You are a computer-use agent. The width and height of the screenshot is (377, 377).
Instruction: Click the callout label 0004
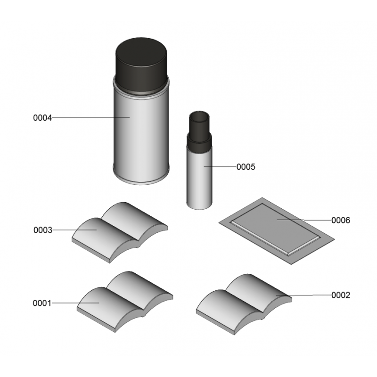pos(42,118)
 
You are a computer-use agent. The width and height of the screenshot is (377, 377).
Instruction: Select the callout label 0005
pos(246,167)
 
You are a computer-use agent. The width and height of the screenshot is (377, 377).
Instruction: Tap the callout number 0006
pos(341,220)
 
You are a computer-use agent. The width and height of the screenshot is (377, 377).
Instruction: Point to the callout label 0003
pos(43,230)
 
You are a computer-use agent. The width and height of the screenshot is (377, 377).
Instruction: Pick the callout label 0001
pos(42,303)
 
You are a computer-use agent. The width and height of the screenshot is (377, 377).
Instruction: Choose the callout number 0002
pos(341,295)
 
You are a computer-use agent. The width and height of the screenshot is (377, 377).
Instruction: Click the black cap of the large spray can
pos(141,65)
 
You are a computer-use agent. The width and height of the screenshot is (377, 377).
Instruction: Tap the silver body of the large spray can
pos(141,135)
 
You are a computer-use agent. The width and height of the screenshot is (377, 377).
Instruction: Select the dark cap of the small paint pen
pos(199,132)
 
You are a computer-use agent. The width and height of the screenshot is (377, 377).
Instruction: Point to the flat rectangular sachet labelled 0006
pos(277,231)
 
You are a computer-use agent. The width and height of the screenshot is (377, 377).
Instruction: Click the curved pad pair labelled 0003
pos(120,232)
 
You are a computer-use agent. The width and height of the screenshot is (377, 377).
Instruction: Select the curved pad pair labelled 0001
pos(125,302)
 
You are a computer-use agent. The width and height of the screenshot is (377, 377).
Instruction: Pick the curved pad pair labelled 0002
pos(244,304)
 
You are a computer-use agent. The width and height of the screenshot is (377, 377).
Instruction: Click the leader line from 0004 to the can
pos(90,117)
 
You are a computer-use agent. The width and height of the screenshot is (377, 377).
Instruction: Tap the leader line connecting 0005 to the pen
pos(220,166)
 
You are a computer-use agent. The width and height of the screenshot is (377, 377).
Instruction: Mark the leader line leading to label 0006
pos(304,220)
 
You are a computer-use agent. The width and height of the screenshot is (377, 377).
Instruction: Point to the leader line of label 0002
pos(303,295)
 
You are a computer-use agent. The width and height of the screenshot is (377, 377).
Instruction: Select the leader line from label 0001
pos(75,303)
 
